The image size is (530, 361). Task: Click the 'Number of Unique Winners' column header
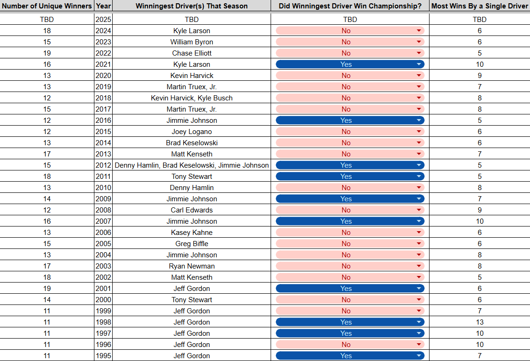pos(47,6)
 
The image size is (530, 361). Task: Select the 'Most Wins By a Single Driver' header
pos(480,6)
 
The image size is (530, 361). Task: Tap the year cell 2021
pos(103,64)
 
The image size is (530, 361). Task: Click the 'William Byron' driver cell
pos(192,42)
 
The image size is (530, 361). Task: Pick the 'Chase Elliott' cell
pos(192,53)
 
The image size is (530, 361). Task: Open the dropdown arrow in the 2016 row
pos(419,120)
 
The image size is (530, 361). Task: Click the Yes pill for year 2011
pos(350,176)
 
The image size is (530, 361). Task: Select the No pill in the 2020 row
pos(350,75)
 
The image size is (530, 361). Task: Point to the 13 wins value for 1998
pos(480,322)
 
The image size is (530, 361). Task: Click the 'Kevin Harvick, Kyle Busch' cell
pos(192,98)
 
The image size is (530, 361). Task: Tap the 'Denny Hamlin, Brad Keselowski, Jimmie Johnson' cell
pos(192,165)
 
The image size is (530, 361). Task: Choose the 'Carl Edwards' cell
pos(192,210)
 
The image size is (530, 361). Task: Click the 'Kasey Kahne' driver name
pos(192,232)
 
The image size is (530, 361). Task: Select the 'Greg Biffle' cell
pos(192,243)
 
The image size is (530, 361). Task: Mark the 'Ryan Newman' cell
pos(192,266)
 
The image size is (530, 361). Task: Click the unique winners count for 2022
pos(47,53)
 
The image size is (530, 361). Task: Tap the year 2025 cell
pos(103,19)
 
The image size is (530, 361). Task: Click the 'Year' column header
pos(103,6)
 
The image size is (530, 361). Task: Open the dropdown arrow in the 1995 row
pos(419,355)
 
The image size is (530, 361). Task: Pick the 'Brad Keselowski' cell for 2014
pos(192,143)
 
